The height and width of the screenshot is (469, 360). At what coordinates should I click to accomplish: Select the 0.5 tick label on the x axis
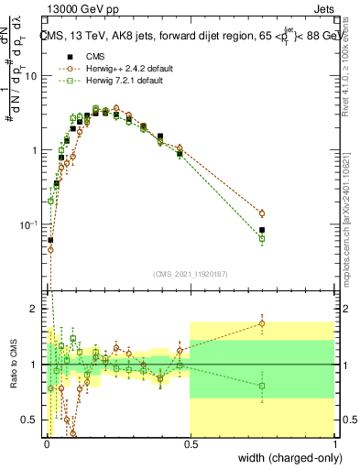(x=190, y=444)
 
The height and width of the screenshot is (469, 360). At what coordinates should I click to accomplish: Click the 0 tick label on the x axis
(x=45, y=444)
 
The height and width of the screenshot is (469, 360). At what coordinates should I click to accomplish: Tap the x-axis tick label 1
(x=334, y=444)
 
